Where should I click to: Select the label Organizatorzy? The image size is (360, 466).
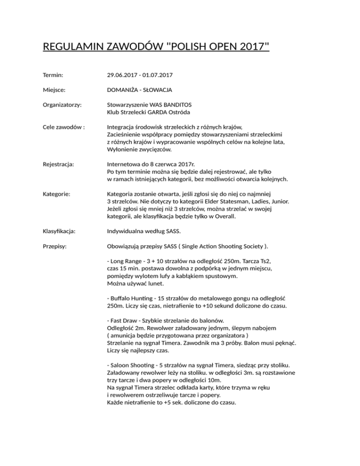62,105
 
